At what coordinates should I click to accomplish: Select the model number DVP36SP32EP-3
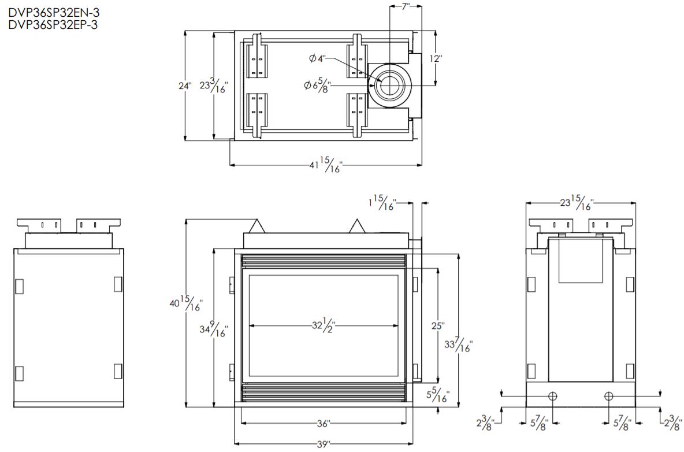tap(49, 24)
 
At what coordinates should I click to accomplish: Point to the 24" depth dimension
tap(185, 86)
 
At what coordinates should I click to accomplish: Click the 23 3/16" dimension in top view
tap(214, 86)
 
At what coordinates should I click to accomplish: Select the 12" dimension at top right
tap(435, 58)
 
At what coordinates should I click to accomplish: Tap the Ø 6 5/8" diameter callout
tap(318, 86)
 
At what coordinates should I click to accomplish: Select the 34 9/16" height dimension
tap(214, 330)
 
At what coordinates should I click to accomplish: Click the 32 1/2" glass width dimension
tap(324, 325)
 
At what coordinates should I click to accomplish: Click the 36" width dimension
tap(324, 424)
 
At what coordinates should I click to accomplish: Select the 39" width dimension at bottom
tap(324, 444)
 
